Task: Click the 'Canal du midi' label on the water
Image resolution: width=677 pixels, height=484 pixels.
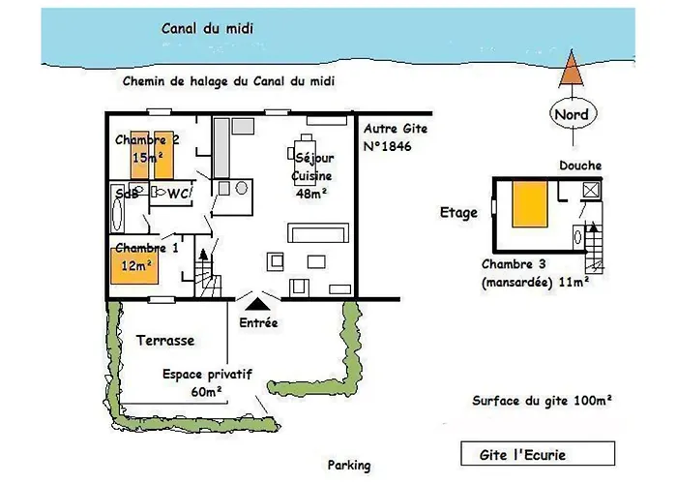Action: [x=207, y=28]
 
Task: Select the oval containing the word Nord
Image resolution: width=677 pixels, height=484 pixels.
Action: [x=573, y=114]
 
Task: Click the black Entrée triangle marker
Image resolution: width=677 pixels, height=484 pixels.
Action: [x=258, y=304]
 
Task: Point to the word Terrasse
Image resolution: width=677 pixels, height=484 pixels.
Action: [x=165, y=341]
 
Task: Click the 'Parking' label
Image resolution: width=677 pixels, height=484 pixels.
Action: [x=349, y=466]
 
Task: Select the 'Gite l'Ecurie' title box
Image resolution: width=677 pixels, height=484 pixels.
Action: [x=538, y=454]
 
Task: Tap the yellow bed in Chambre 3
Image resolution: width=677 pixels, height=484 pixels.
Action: [x=530, y=204]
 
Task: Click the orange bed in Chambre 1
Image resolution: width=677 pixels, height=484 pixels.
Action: [x=134, y=266]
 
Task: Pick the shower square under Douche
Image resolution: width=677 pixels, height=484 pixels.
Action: [x=591, y=190]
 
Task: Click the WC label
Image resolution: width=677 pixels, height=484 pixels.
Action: [x=177, y=194]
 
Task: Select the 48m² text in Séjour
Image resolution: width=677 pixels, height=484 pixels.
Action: [x=310, y=194]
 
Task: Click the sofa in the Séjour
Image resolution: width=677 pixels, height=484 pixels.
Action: [x=318, y=233]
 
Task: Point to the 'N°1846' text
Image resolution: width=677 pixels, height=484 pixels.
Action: [x=387, y=146]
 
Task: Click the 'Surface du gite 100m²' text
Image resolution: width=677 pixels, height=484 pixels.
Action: [x=542, y=401]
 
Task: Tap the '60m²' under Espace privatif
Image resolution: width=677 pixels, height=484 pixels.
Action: [x=206, y=392]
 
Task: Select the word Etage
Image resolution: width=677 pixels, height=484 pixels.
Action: [x=458, y=213]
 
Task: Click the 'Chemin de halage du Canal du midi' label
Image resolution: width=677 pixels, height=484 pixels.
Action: [x=228, y=81]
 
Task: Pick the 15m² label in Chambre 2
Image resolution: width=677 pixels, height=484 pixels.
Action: [x=148, y=158]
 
